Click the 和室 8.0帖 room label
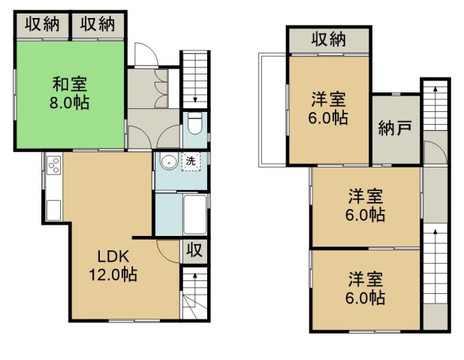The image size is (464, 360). (69, 93)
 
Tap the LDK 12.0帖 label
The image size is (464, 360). (113, 265)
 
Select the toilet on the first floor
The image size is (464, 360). (194, 123)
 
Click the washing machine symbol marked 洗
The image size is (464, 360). (191, 162)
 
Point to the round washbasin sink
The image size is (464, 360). (169, 162)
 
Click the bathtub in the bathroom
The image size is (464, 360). (194, 214)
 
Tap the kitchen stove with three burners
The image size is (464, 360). (54, 165)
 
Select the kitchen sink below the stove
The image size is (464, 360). (53, 210)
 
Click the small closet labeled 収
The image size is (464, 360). (194, 251)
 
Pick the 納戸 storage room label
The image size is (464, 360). (396, 129)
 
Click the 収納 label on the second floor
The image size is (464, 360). (328, 39)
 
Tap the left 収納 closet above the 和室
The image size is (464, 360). (42, 24)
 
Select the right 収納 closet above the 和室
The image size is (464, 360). (98, 24)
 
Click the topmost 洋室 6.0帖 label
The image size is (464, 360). (328, 108)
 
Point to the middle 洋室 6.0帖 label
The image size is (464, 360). (366, 205)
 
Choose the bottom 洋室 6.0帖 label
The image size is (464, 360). (366, 288)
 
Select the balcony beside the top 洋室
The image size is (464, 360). (273, 110)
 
